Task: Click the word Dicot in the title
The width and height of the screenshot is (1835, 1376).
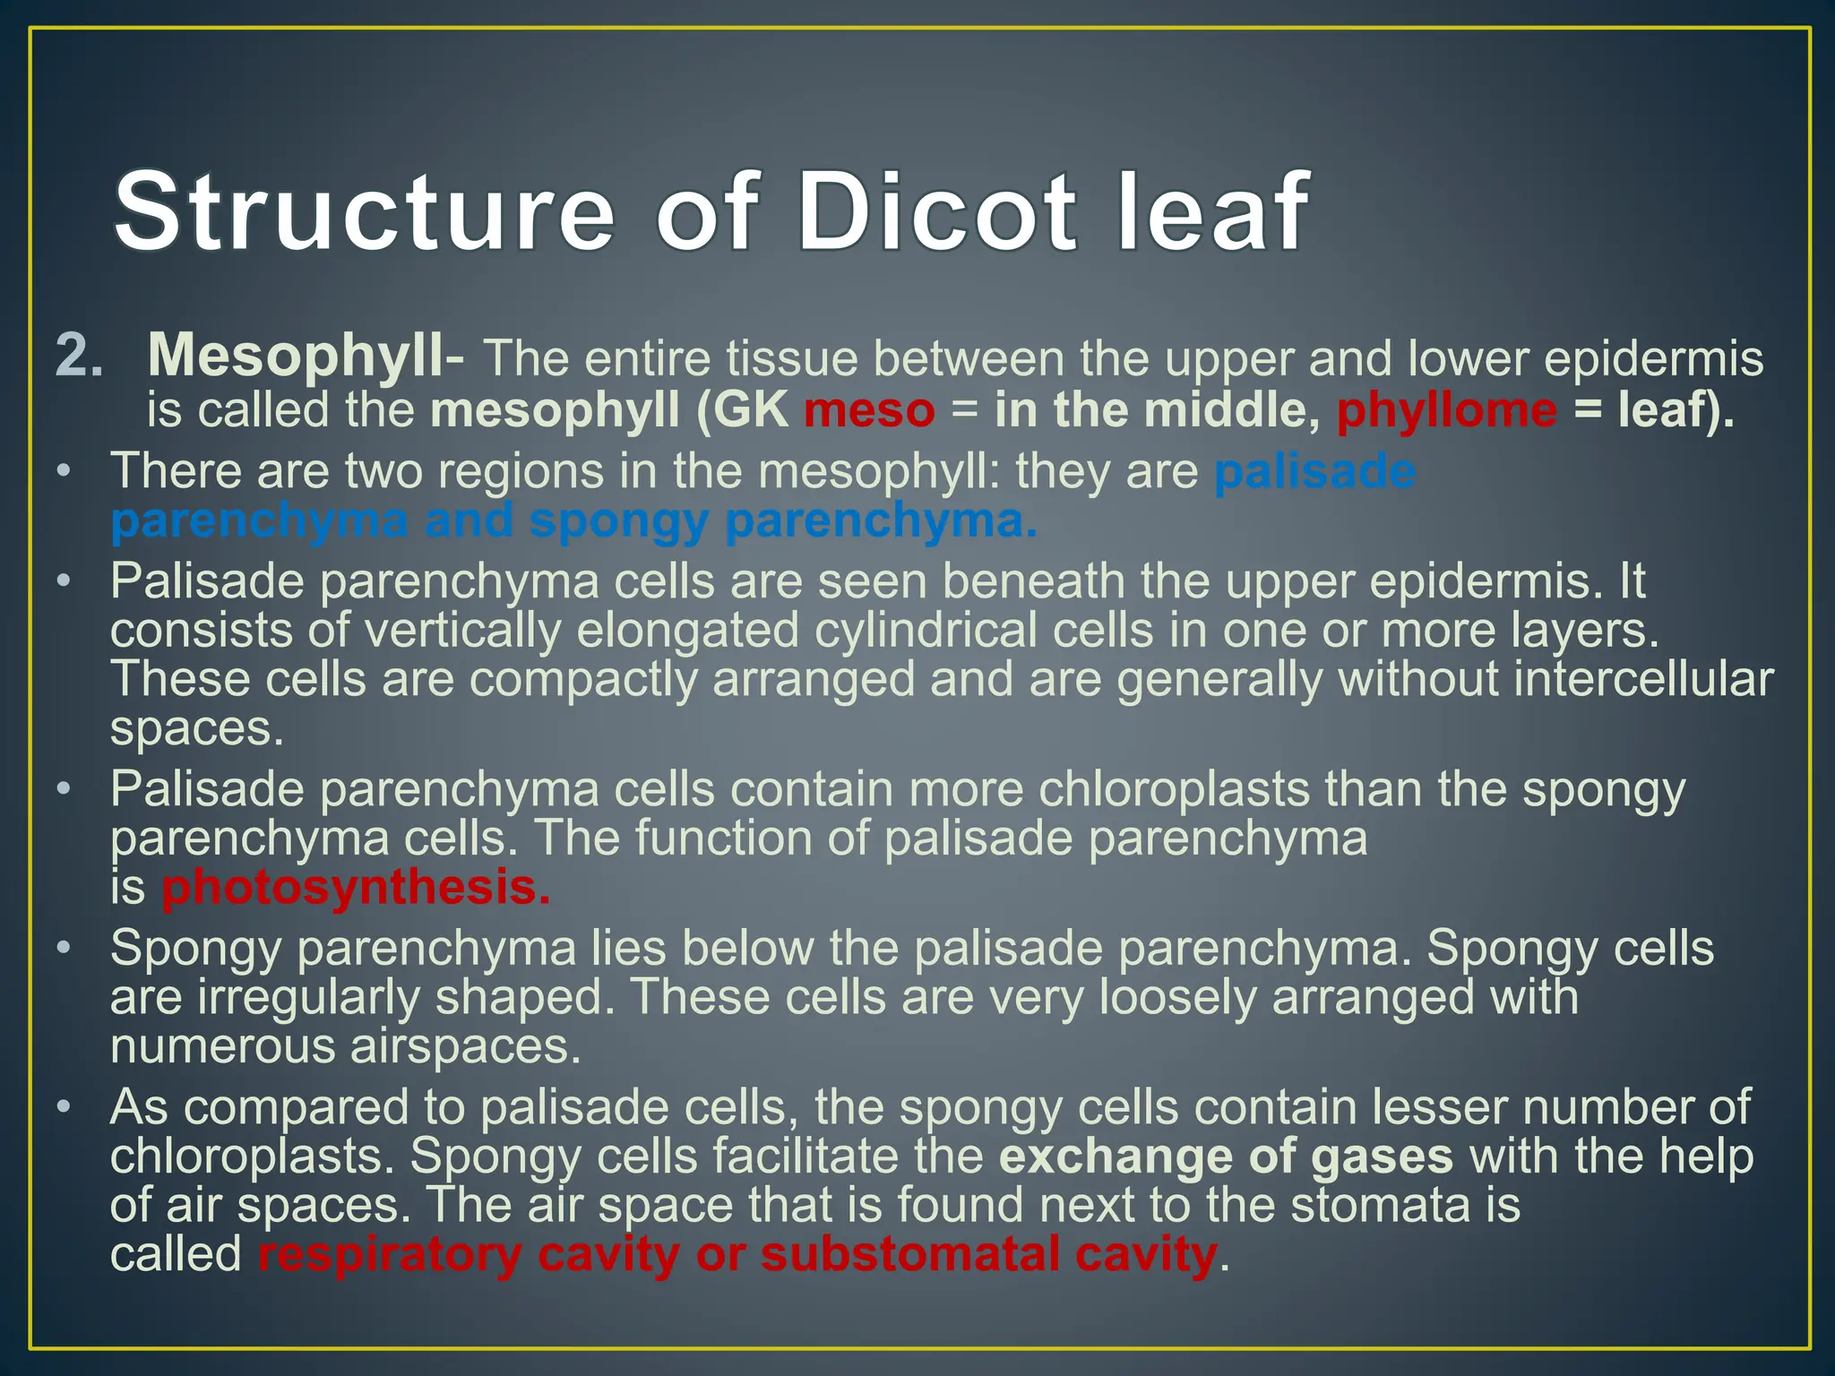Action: coord(936,212)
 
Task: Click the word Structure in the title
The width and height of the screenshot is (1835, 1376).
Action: coord(364,212)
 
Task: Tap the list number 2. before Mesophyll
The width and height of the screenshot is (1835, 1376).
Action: coord(79,357)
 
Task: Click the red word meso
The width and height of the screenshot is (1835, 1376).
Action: coord(869,410)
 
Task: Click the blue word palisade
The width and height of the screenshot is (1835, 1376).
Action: coord(1314,471)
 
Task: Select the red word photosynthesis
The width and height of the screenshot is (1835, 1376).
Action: coord(356,888)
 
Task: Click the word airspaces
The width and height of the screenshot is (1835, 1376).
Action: coord(465,1046)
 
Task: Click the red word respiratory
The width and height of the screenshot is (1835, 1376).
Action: coord(390,1253)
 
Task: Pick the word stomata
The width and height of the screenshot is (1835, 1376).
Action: coord(1380,1205)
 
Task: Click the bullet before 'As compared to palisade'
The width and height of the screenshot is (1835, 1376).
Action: coord(63,1107)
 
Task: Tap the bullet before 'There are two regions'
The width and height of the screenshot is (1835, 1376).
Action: coord(63,471)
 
